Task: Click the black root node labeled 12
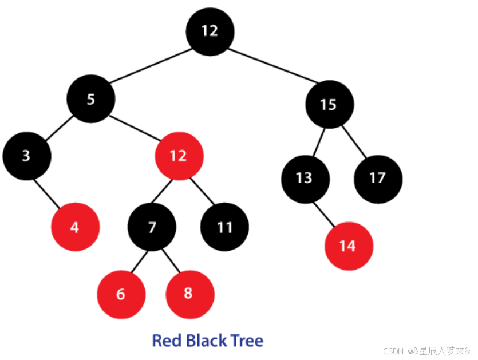pyautogui.click(x=210, y=31)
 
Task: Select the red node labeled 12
pyautogui.click(x=179, y=156)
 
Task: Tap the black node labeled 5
pyautogui.click(x=91, y=99)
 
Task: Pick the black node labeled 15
pyautogui.click(x=329, y=105)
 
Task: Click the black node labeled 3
pyautogui.click(x=26, y=156)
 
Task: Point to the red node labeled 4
pyautogui.click(x=75, y=227)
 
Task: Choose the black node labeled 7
pyautogui.click(x=152, y=227)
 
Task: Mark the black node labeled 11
pyautogui.click(x=225, y=227)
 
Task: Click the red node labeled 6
pyautogui.click(x=121, y=294)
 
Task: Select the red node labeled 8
pyautogui.click(x=189, y=294)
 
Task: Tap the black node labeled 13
pyautogui.click(x=305, y=178)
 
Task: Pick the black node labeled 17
pyautogui.click(x=378, y=178)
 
